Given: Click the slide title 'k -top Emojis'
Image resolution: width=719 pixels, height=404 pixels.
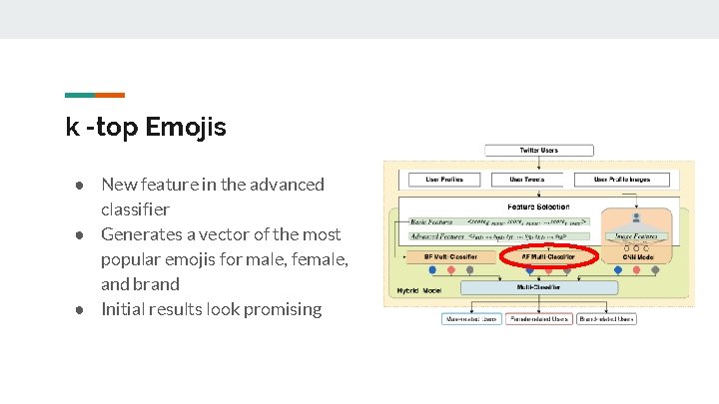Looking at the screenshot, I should [146, 128].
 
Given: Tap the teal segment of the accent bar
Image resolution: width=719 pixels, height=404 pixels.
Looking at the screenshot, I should [79, 96].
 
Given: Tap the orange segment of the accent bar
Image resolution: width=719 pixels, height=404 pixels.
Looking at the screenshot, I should [110, 96].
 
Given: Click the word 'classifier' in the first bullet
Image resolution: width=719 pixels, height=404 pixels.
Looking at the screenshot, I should [135, 209].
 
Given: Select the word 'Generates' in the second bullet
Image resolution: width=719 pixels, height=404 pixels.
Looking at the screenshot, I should [140, 234].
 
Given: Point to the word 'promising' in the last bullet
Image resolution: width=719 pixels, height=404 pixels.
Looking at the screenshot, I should [279, 309].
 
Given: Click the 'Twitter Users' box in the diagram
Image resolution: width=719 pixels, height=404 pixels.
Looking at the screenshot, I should [538, 151].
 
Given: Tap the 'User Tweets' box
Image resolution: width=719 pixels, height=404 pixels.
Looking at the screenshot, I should [529, 180].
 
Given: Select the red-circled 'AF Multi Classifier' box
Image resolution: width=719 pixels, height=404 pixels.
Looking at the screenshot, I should [546, 257].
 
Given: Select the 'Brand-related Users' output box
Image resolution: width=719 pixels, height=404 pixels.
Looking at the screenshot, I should [606, 319].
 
